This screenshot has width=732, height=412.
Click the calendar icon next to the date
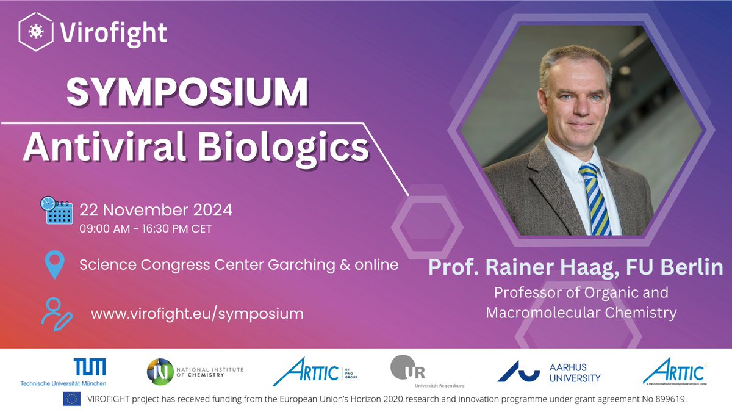tap(56, 211)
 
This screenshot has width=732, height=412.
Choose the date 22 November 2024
tap(156, 210)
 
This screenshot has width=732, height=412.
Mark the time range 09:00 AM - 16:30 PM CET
tap(146, 230)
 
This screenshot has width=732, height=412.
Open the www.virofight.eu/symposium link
tap(197, 314)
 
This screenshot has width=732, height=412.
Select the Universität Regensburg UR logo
tap(410, 371)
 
